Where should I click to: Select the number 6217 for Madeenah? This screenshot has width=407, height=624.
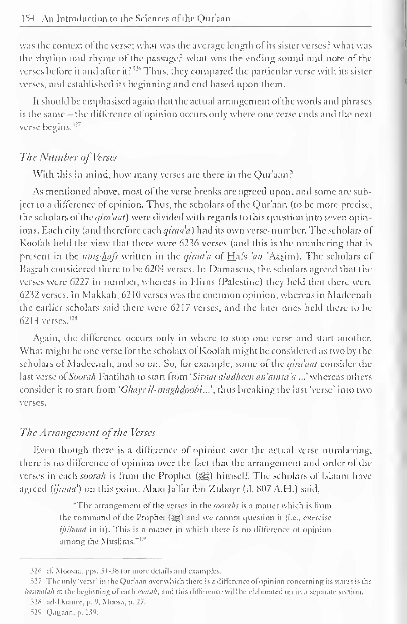point(180,308)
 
